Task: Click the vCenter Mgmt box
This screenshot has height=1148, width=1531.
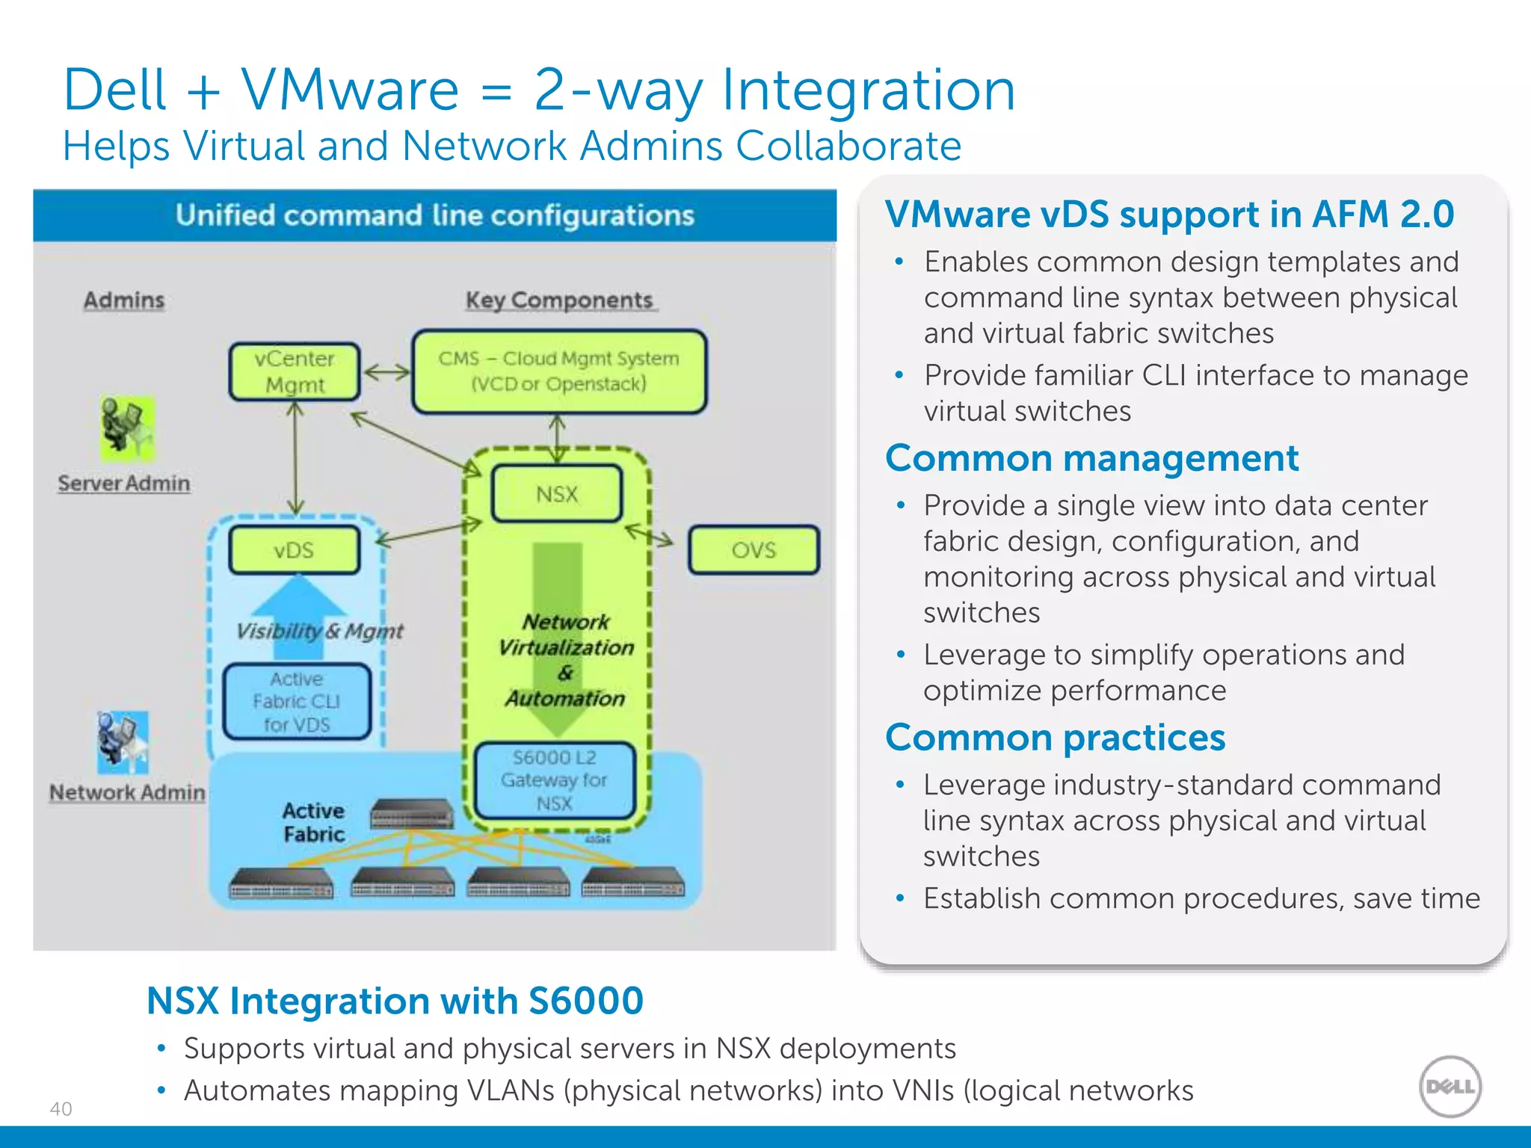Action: pos(295,371)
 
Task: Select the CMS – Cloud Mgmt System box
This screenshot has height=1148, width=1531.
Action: pos(558,371)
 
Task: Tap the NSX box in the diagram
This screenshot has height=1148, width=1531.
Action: pos(557,493)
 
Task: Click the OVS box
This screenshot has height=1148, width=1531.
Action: pos(754,550)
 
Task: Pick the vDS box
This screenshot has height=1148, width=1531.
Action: pos(294,550)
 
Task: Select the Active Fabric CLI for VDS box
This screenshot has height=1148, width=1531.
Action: pos(297,701)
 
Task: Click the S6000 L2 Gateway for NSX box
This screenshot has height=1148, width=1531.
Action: pos(554,780)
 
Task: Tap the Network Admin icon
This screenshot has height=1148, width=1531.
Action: pos(122,741)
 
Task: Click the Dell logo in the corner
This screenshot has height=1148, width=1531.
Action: pos(1450,1086)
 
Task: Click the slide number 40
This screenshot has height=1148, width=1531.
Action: pos(61,1108)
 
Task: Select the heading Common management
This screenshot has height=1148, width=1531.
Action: pos(1091,458)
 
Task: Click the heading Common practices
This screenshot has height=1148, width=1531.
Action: pos(1055,738)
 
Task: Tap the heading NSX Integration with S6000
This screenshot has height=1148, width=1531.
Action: pos(395,1001)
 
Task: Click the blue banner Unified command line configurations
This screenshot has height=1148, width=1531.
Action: pos(434,215)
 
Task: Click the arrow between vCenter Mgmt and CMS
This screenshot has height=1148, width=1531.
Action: pos(386,371)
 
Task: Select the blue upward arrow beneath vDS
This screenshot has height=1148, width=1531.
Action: pos(299,602)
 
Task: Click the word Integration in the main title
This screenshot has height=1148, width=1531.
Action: pos(868,90)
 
